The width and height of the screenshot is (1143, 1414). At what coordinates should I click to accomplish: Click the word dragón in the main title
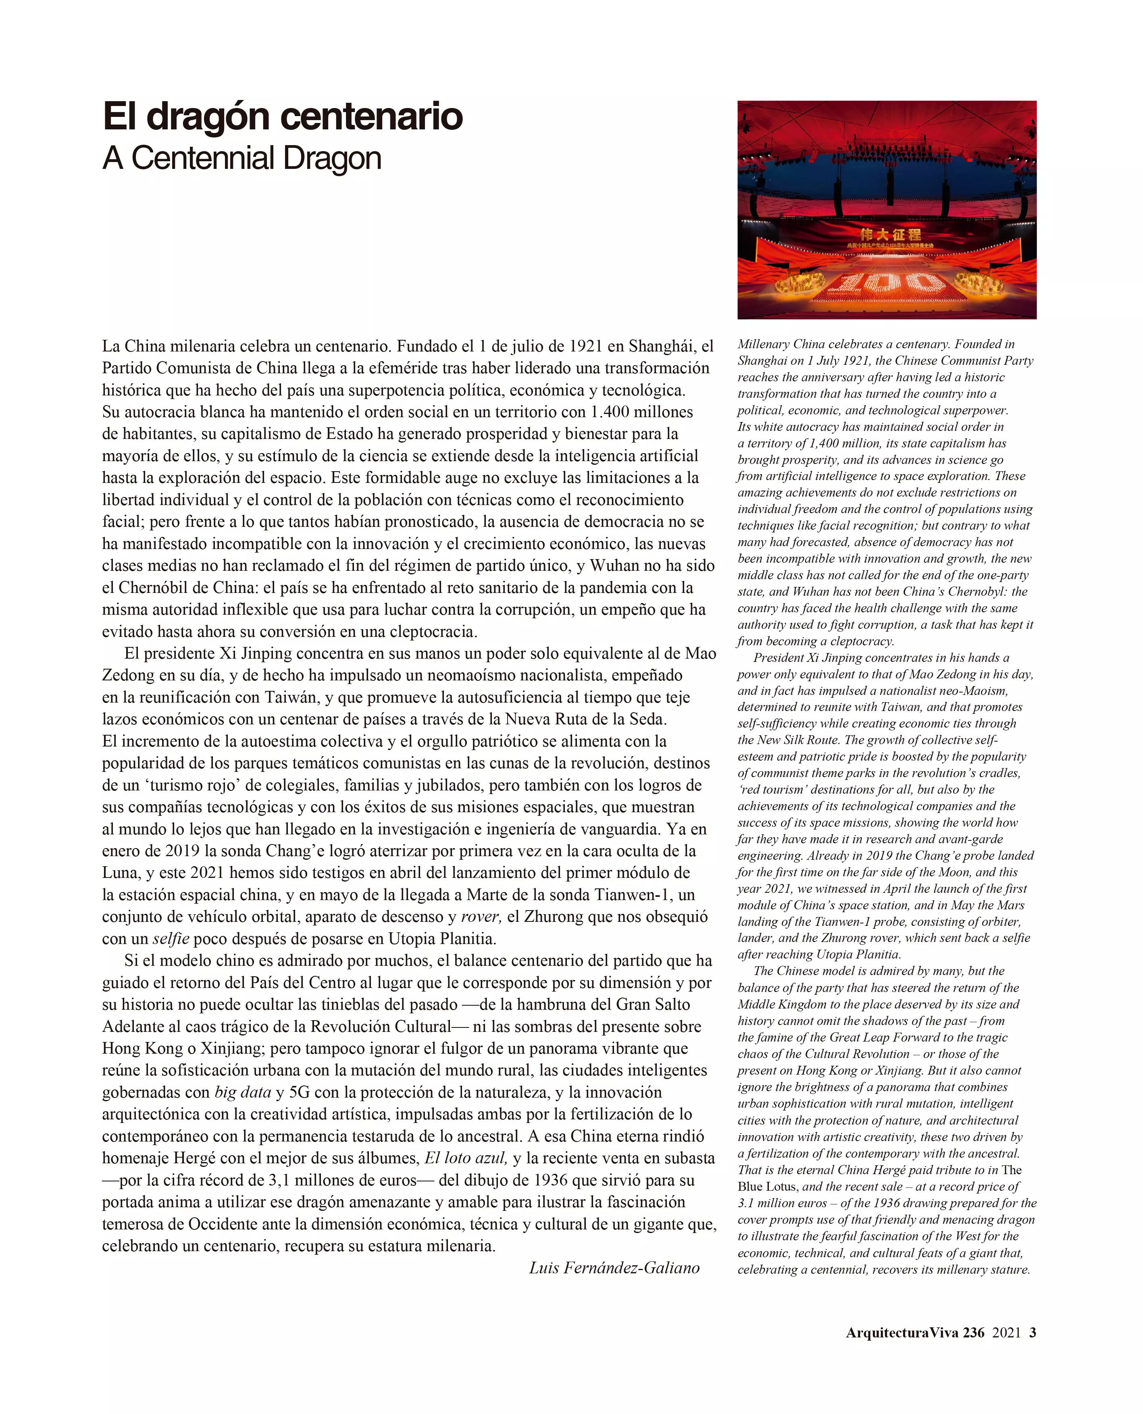pyautogui.click(x=209, y=117)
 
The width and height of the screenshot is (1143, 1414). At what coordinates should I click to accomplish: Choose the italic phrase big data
pyautogui.click(x=242, y=1092)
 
